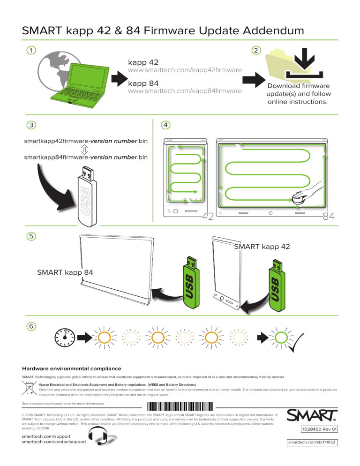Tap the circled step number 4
(165, 125)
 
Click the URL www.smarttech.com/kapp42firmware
(185, 70)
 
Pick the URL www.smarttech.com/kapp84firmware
(185, 90)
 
